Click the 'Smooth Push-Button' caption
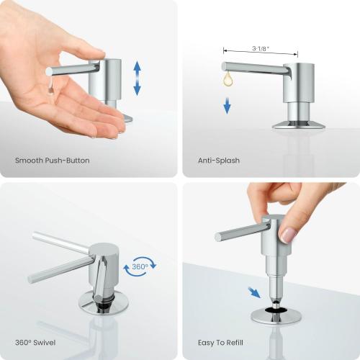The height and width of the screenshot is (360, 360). click(x=53, y=161)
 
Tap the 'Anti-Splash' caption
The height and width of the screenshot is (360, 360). click(x=219, y=161)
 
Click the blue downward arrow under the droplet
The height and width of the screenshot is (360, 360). click(x=228, y=106)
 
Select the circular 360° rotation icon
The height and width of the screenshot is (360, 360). click(x=139, y=268)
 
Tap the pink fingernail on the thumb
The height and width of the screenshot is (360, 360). click(x=289, y=235)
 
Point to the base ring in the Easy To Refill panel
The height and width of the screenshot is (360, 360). click(x=275, y=316)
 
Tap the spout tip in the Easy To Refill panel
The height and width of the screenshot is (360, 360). click(x=218, y=235)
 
